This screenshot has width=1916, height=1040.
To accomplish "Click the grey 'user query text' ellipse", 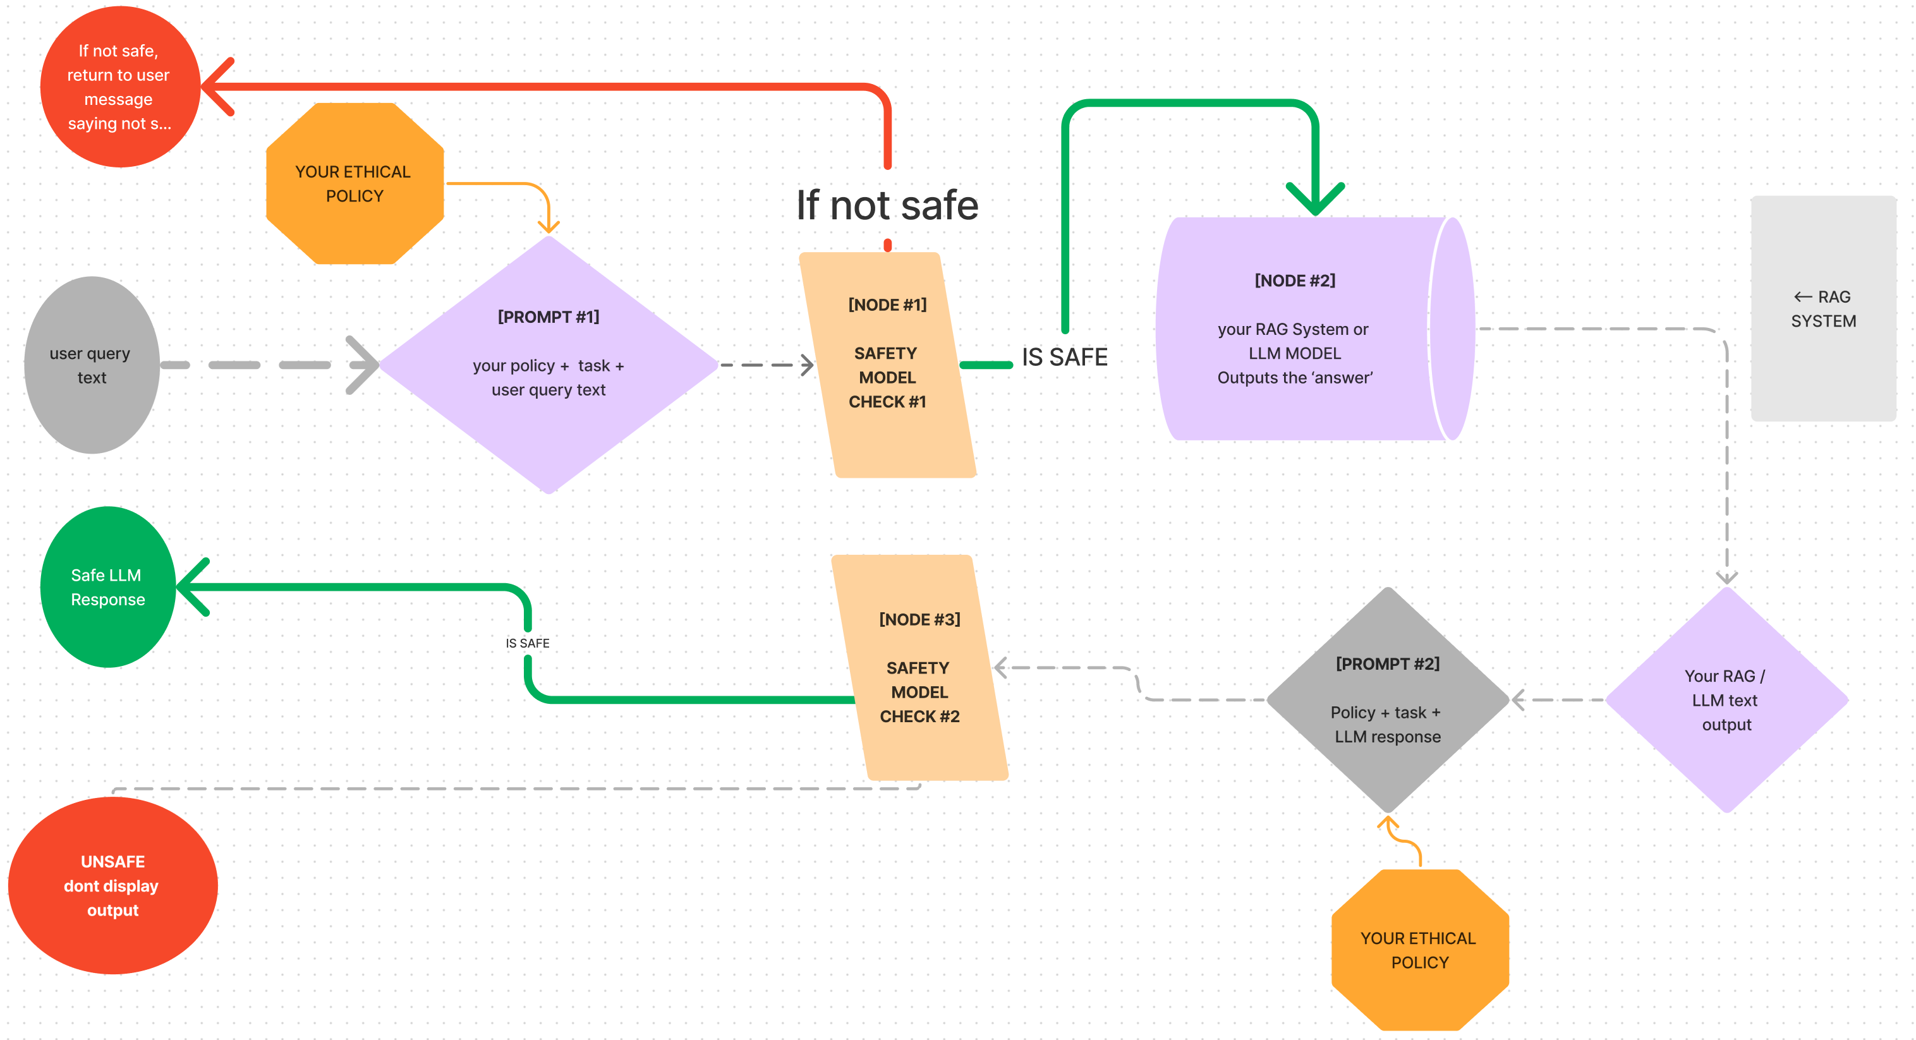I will tap(92, 365).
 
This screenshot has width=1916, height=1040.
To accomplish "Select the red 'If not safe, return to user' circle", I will tap(119, 87).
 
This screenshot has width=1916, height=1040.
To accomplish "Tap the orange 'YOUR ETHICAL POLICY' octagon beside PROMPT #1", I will tap(355, 184).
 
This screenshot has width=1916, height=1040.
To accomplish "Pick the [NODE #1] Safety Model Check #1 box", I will tap(887, 365).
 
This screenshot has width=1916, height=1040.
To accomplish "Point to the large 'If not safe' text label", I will tap(887, 205).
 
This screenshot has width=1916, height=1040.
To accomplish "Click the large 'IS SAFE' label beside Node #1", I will tap(1064, 357).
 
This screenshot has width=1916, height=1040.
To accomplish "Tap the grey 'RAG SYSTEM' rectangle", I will tap(1823, 309).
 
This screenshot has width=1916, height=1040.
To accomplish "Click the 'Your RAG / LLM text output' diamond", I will tap(1726, 700).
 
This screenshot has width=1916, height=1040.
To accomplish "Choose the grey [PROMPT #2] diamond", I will tap(1388, 700).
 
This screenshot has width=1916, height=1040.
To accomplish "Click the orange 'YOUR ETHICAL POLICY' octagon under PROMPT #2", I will tap(1419, 950).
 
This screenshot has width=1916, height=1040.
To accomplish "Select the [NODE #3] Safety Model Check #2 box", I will tap(920, 668).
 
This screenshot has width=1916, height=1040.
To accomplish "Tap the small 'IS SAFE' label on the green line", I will tap(528, 643).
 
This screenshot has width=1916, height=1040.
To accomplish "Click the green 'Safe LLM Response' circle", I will tap(108, 587).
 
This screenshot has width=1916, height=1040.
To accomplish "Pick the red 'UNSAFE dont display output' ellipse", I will tap(112, 885).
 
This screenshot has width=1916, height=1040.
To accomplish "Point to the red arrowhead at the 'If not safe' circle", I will tap(217, 87).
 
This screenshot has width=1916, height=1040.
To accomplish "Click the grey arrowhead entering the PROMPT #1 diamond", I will tap(365, 365).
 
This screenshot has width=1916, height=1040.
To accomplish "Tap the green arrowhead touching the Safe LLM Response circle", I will tap(192, 587).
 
